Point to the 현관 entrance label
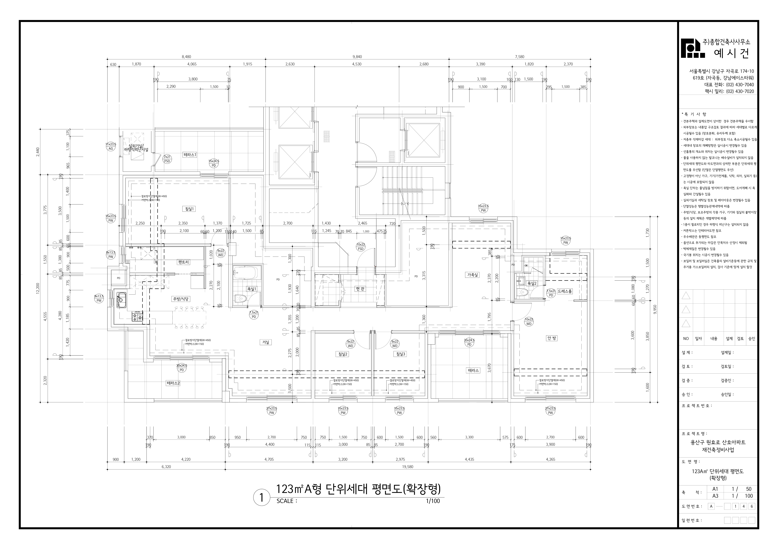[360, 289]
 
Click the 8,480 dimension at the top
[186, 57]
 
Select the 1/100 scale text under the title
[433, 501]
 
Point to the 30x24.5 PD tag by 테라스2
[182, 368]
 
